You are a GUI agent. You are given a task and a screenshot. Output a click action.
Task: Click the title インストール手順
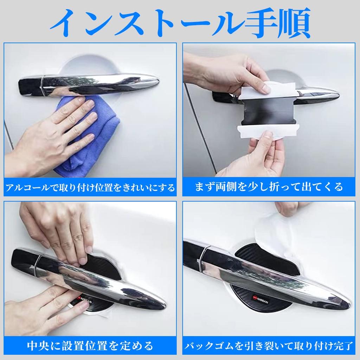point(180,22)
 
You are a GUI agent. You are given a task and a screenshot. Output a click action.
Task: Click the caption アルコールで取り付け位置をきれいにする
point(90,187)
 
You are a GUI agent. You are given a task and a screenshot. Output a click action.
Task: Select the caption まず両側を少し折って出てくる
point(269,187)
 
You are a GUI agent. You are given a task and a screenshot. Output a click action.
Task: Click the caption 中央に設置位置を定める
point(90,346)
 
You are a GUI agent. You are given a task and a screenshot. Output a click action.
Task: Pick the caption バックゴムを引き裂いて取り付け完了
point(269,346)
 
